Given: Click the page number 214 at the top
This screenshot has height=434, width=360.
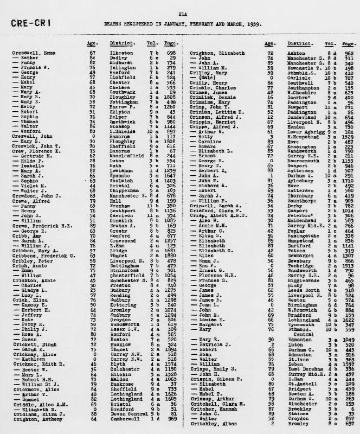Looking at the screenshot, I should coord(182,14).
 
